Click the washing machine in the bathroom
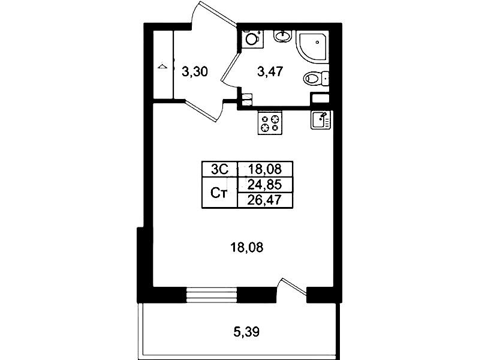coord(252,39)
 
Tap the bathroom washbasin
coord(283,36)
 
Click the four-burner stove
coord(270,122)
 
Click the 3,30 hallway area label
coord(195,72)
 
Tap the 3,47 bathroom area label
coord(270,72)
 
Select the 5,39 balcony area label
coord(246,332)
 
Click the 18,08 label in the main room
coord(246,247)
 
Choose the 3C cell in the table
coord(219,169)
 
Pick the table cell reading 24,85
coord(265,185)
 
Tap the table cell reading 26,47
coord(265,200)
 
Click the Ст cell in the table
coord(219,193)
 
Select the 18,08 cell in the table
coord(265,169)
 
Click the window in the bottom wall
coord(212,295)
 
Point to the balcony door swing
coord(293,287)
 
